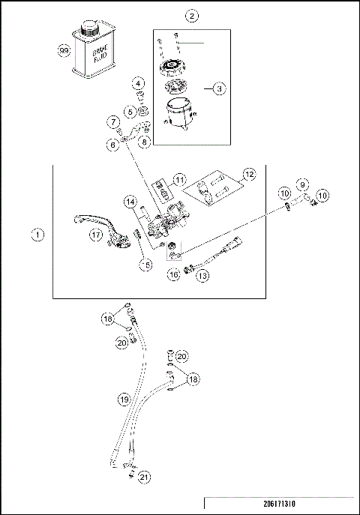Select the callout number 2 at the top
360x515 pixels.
[x=193, y=16]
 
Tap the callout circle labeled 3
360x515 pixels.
[x=219, y=88]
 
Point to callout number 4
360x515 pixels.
[x=139, y=83]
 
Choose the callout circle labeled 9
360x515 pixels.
[x=301, y=184]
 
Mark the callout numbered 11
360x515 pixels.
[x=178, y=180]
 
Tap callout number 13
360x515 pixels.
[x=203, y=275]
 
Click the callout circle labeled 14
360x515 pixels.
[x=130, y=202]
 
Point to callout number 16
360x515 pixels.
[x=173, y=276]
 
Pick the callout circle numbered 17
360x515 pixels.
[x=95, y=234]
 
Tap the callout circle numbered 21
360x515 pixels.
[x=145, y=475]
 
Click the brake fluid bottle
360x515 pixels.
[x=91, y=56]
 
